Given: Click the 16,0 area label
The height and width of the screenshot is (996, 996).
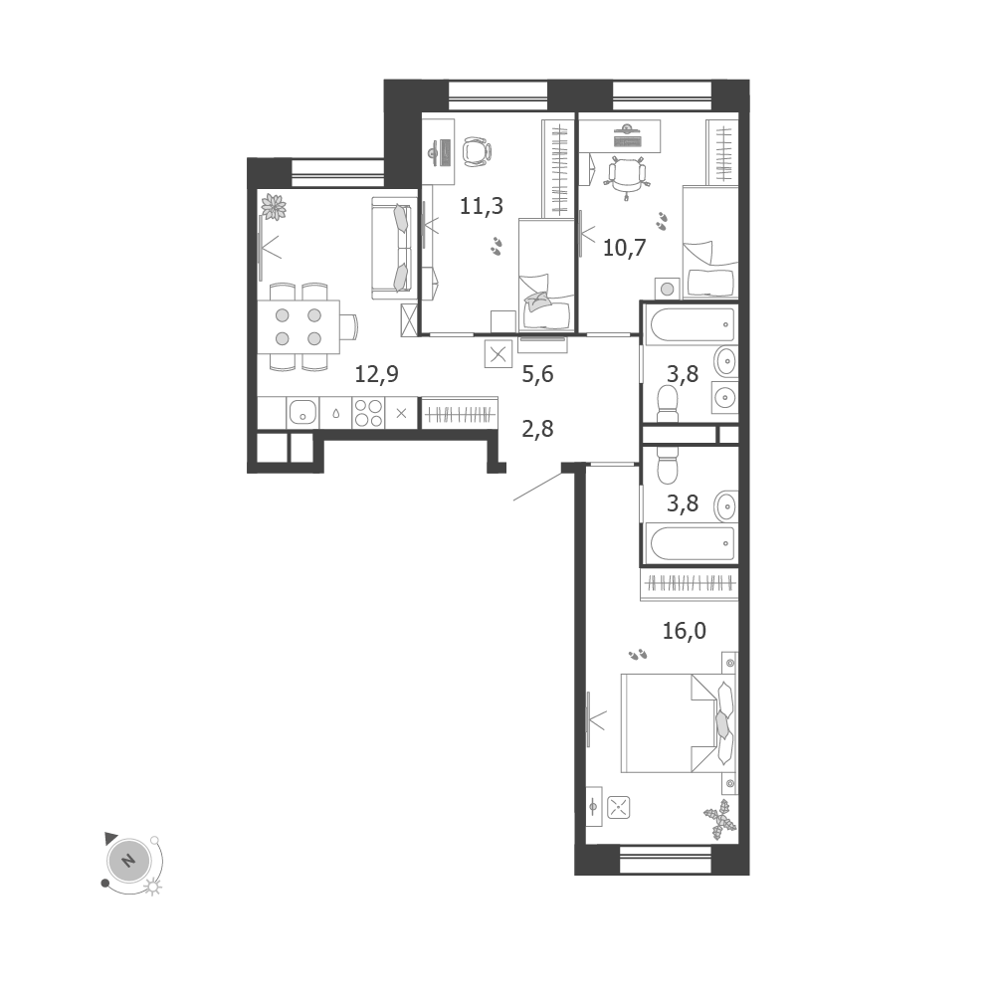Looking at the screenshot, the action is [685, 632].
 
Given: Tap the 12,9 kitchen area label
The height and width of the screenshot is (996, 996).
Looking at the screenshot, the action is [376, 374].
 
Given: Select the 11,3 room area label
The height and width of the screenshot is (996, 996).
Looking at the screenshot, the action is [482, 206].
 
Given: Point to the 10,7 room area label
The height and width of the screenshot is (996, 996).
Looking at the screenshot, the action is [624, 247].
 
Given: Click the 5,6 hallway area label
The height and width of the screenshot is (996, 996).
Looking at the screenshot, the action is [537, 374].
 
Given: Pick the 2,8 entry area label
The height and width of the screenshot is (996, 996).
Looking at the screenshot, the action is [537, 430].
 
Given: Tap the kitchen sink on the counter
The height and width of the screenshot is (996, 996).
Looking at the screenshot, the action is [303, 413].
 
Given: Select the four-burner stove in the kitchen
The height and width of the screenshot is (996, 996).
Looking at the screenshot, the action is [368, 413].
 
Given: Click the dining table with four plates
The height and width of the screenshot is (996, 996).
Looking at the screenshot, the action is [299, 326].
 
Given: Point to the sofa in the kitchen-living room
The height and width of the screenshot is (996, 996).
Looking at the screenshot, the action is [391, 248].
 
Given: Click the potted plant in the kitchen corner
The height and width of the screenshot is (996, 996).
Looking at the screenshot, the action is [274, 207].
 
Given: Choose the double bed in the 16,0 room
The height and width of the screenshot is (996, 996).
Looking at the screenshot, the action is [679, 722].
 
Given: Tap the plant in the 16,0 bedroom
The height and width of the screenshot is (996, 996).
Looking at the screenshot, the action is [720, 820].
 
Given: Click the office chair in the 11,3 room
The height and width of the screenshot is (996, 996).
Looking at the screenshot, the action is [477, 152].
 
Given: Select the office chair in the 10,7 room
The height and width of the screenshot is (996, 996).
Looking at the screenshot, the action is [627, 175].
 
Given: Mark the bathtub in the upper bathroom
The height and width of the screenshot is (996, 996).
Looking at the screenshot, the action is [690, 324].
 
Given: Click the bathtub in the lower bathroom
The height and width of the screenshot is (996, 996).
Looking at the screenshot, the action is [690, 543].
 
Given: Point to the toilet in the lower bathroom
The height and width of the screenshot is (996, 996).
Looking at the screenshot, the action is [668, 465].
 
